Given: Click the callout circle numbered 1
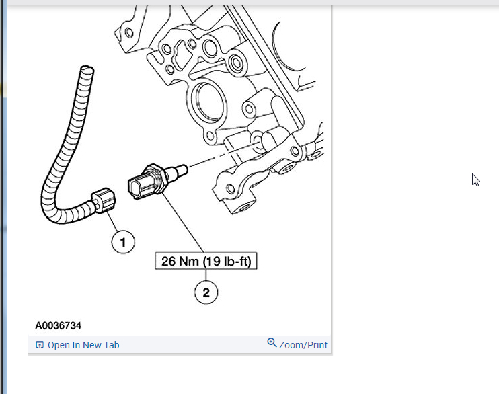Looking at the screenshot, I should click(123, 241).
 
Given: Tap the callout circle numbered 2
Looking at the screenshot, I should click(206, 292).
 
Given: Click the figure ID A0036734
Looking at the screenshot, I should click(59, 325).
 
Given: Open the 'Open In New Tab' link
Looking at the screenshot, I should click(83, 345).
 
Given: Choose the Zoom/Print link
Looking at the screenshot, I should click(303, 345).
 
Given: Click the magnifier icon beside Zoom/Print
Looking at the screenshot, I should click(272, 343).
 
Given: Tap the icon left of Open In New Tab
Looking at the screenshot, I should click(40, 345).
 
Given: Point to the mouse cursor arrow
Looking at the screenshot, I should click(475, 179).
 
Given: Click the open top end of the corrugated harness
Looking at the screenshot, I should click(85, 69).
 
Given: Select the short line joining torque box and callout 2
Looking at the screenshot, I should click(206, 275).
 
